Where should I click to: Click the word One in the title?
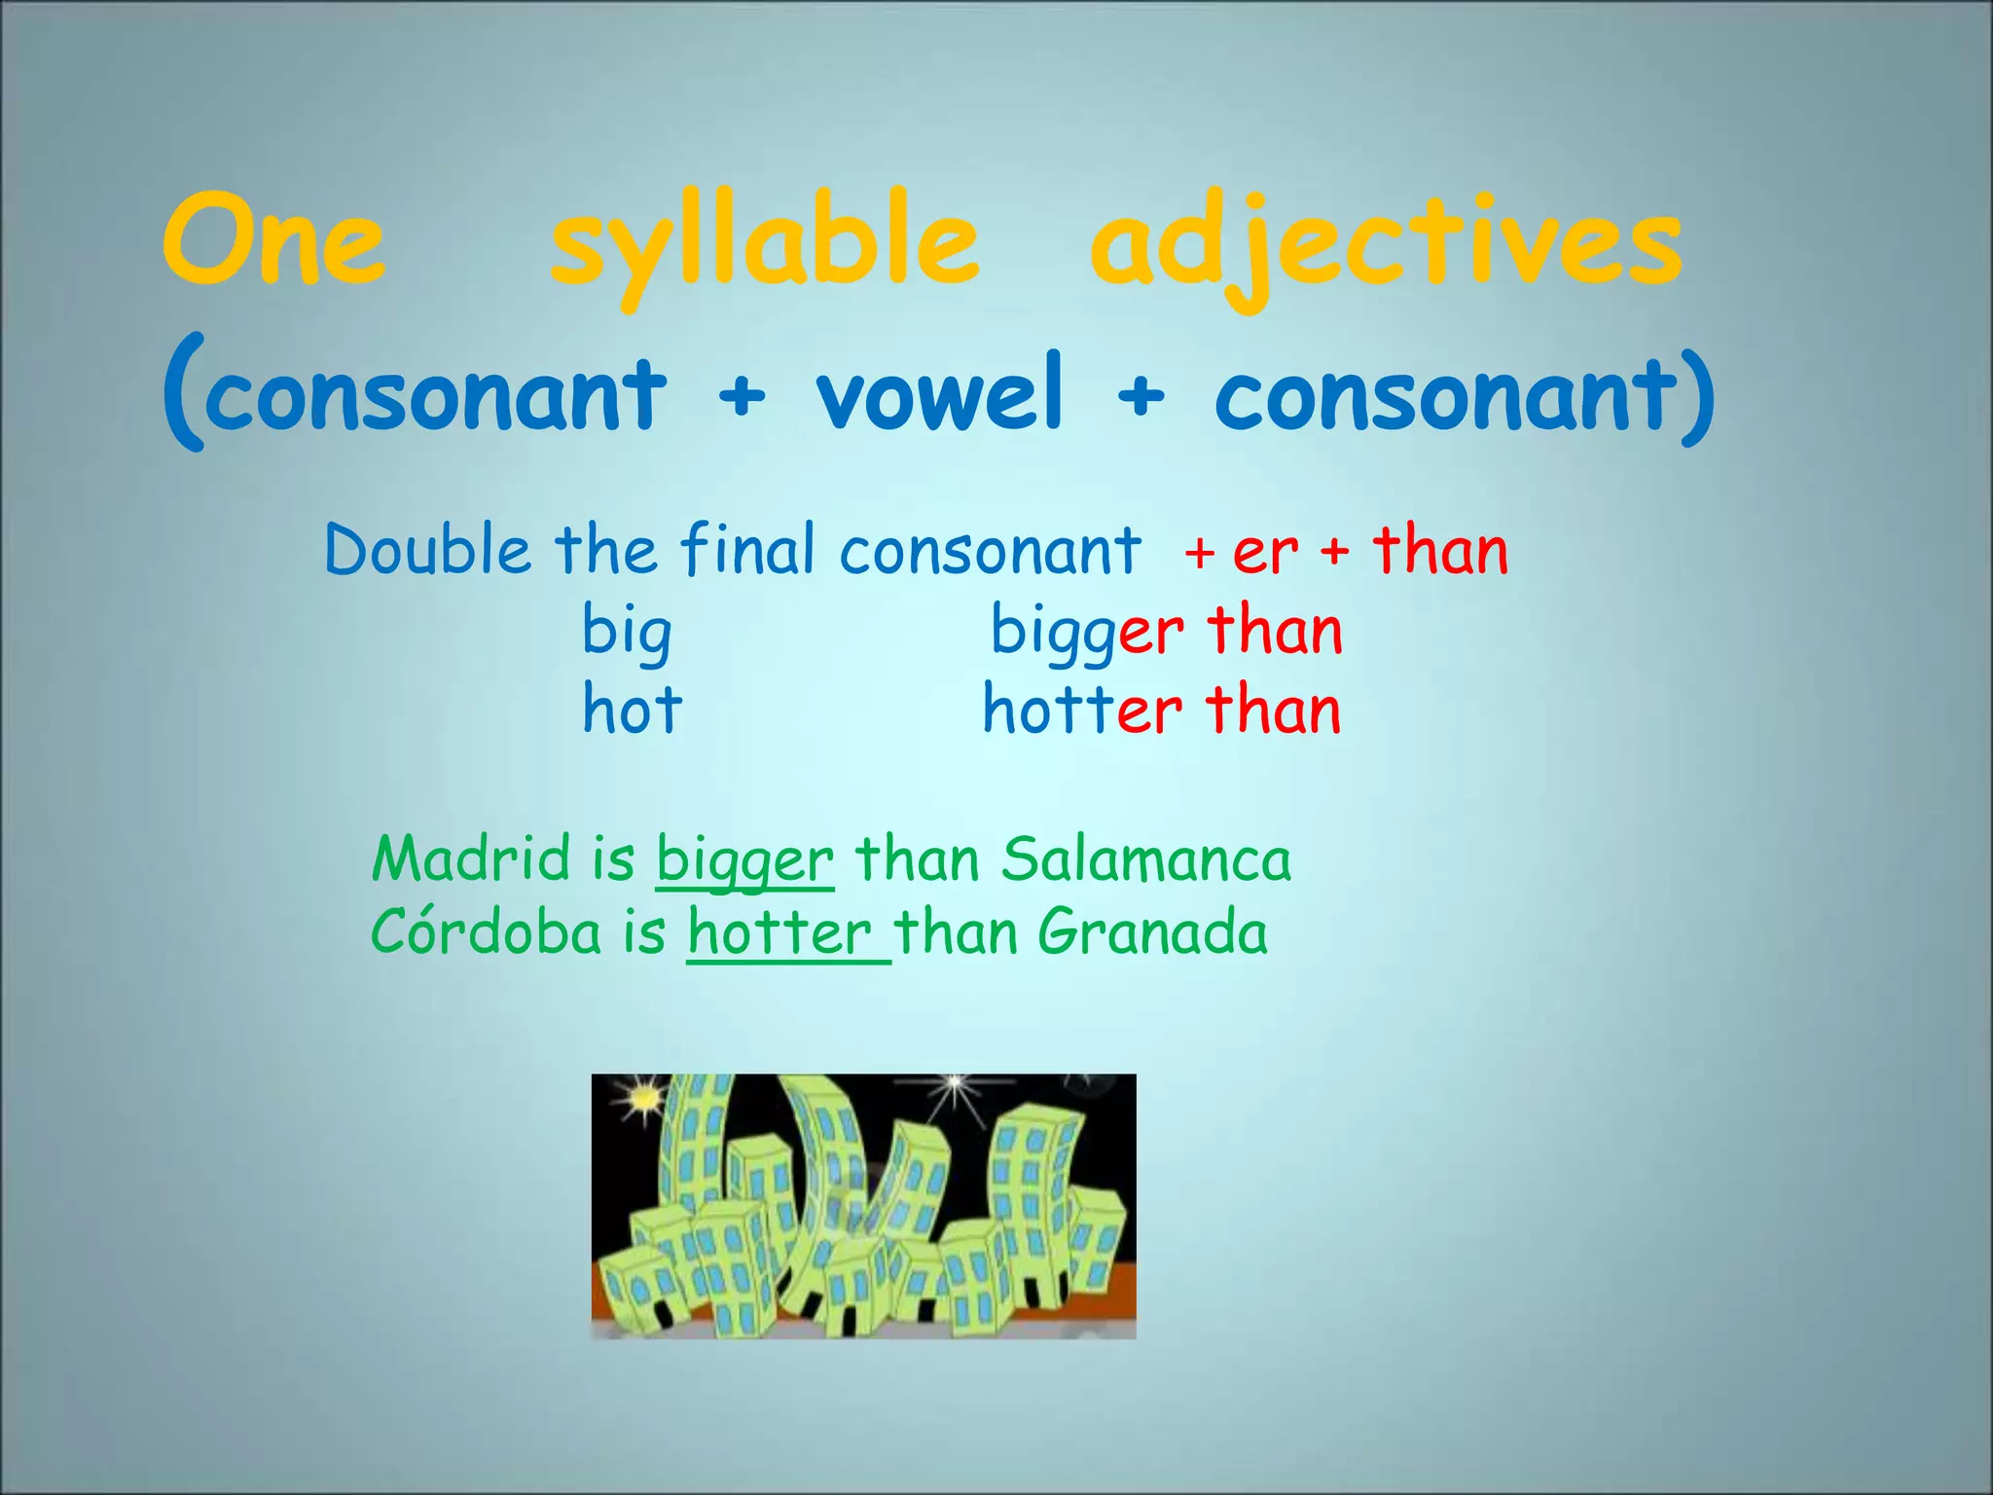[273, 241]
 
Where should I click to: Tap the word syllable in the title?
[764, 245]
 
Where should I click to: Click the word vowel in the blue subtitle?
[940, 394]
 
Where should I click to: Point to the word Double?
[428, 550]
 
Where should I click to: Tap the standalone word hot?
[632, 710]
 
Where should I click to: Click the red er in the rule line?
[1265, 552]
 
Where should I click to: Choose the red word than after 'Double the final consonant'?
[1440, 550]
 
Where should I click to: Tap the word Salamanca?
[1146, 859]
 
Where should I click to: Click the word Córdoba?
[487, 931]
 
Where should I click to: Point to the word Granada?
[1152, 931]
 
